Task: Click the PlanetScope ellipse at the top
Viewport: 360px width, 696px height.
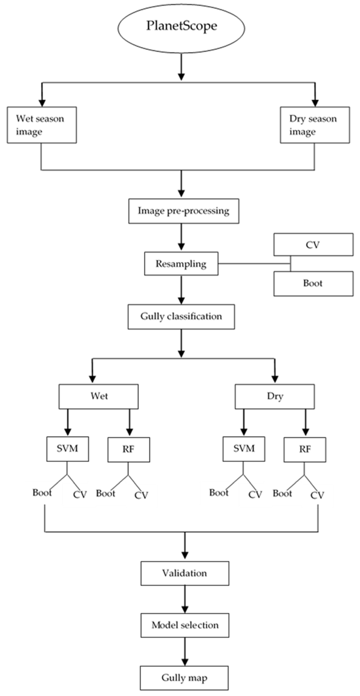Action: click(181, 28)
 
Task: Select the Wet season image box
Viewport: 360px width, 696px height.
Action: click(42, 125)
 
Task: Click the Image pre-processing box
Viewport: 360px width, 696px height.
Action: click(183, 211)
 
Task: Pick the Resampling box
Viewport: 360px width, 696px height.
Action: click(181, 264)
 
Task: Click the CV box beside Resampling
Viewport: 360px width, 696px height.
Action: click(313, 245)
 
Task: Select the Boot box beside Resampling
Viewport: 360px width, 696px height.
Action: click(313, 283)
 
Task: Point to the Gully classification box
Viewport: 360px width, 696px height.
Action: click(181, 317)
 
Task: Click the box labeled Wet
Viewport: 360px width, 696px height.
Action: click(99, 396)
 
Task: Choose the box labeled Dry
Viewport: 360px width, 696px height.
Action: click(275, 396)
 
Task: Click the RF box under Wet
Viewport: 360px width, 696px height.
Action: click(129, 450)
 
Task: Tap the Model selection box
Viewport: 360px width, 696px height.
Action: click(185, 625)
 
